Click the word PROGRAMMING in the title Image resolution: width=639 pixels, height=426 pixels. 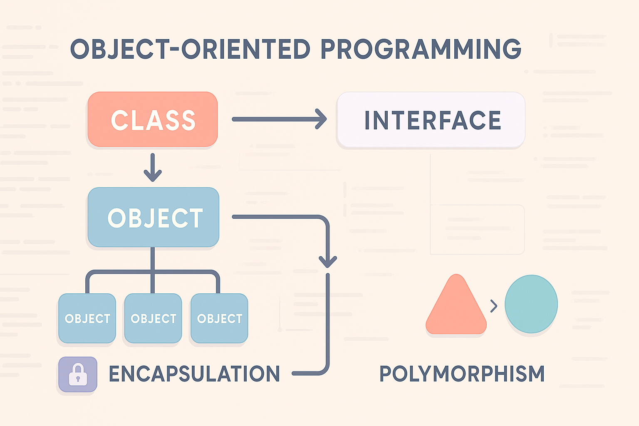(421, 49)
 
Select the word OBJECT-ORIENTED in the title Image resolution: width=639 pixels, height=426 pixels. (190, 49)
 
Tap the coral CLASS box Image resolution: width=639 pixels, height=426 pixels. (153, 119)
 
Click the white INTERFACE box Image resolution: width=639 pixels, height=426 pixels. (431, 120)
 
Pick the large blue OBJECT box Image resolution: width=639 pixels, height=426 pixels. (154, 217)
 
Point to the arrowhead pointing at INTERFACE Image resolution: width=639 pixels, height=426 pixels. (322, 119)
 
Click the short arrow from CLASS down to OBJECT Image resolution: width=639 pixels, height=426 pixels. (153, 168)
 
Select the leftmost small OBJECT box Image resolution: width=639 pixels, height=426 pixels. (87, 318)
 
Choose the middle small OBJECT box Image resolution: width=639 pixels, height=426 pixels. (153, 318)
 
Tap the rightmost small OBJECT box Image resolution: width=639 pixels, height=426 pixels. (219, 318)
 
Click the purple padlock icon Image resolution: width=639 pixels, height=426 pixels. (78, 374)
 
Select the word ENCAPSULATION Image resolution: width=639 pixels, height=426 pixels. (194, 374)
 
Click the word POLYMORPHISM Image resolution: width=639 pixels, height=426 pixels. (462, 374)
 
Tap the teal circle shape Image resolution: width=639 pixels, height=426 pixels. (531, 304)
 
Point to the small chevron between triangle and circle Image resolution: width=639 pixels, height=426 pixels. (494, 306)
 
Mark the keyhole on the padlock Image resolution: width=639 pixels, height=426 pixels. (78, 379)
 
